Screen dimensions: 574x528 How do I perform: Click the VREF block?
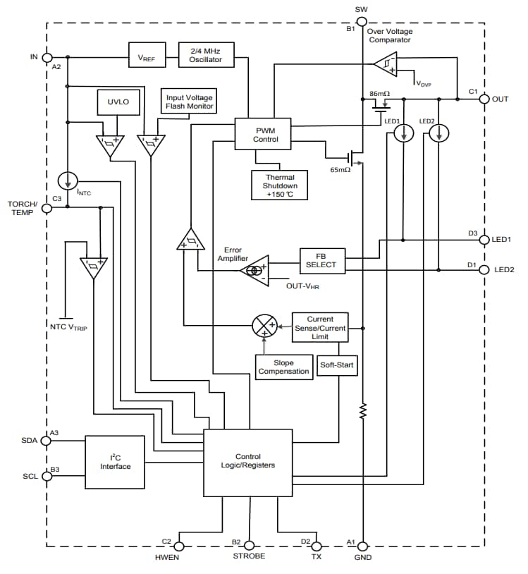coord(147,55)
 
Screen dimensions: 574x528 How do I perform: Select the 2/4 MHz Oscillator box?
coord(206,55)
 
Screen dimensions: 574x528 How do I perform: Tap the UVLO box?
coord(118,102)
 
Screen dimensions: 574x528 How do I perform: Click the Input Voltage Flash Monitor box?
coord(190,102)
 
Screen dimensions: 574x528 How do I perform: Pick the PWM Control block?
coord(265,134)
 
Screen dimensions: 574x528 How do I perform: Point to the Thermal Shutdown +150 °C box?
coord(280,185)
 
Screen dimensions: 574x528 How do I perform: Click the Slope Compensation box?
coord(283,367)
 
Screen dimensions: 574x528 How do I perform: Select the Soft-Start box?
coord(338,365)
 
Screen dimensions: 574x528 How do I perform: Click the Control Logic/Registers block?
coord(247,461)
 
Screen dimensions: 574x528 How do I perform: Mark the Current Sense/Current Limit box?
coord(320,328)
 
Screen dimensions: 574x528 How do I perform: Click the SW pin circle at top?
coord(362,23)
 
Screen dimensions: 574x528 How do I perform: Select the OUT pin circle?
coord(484,99)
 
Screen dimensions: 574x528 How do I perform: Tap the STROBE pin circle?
coord(248,546)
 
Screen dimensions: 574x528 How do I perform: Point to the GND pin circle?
coord(362,546)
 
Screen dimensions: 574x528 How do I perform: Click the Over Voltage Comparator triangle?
coord(386,66)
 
